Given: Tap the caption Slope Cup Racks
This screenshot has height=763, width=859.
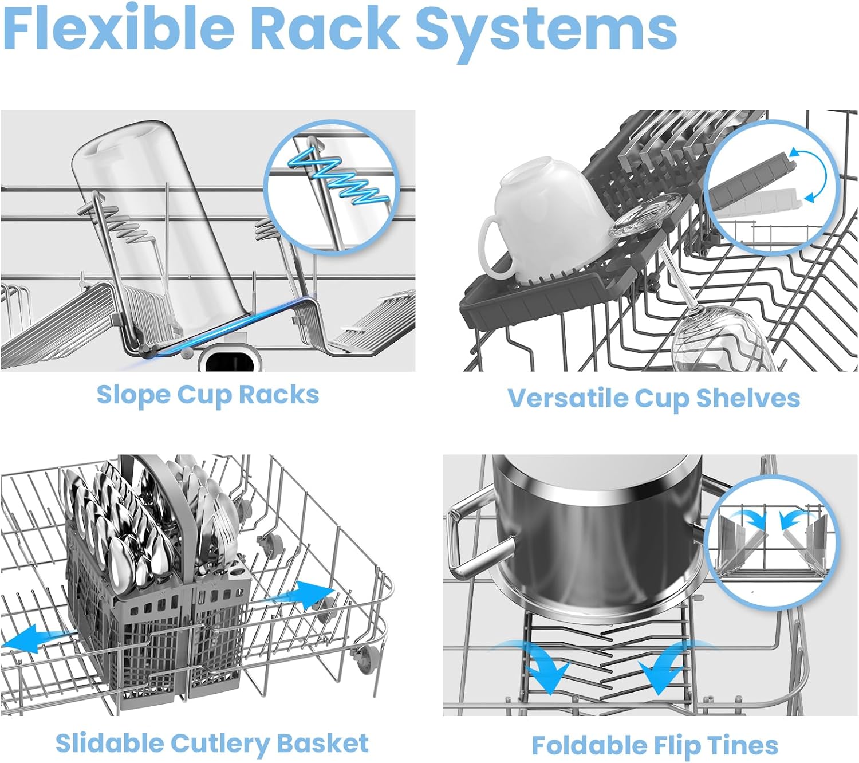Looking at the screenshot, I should pyautogui.click(x=207, y=395).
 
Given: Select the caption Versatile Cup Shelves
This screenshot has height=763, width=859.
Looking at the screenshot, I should pyautogui.click(x=653, y=398).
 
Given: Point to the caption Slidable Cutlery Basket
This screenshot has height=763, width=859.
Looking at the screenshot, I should pyautogui.click(x=212, y=743).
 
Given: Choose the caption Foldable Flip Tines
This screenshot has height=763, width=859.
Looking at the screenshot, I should pyautogui.click(x=655, y=746).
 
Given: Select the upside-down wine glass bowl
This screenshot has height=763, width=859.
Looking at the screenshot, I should pyautogui.click(x=719, y=338).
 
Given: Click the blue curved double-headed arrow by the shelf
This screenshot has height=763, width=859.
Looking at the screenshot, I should pyautogui.click(x=813, y=175).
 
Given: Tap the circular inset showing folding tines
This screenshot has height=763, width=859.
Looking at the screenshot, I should pyautogui.click(x=770, y=541).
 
